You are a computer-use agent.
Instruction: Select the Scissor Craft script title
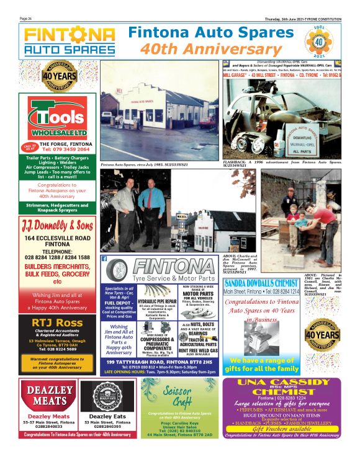point(178,394)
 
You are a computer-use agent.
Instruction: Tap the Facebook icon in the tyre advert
point(104,258)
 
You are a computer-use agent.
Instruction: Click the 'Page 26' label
point(26,19)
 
